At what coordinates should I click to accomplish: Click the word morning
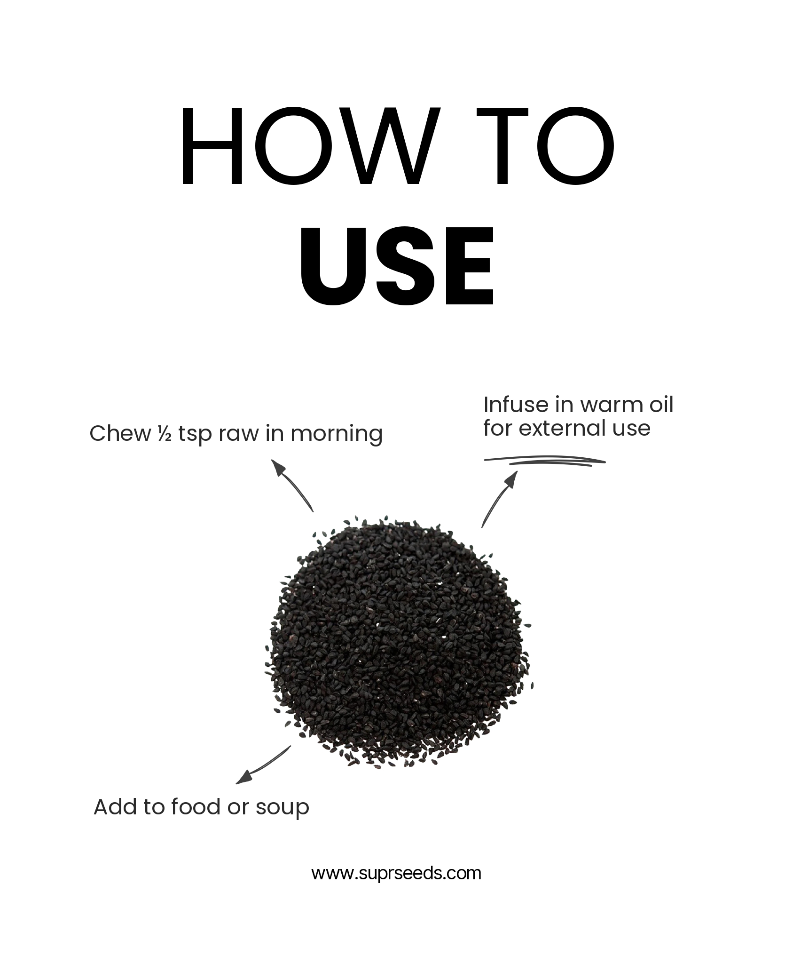pyautogui.click(x=337, y=434)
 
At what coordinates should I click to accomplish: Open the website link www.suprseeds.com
pyautogui.click(x=396, y=874)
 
